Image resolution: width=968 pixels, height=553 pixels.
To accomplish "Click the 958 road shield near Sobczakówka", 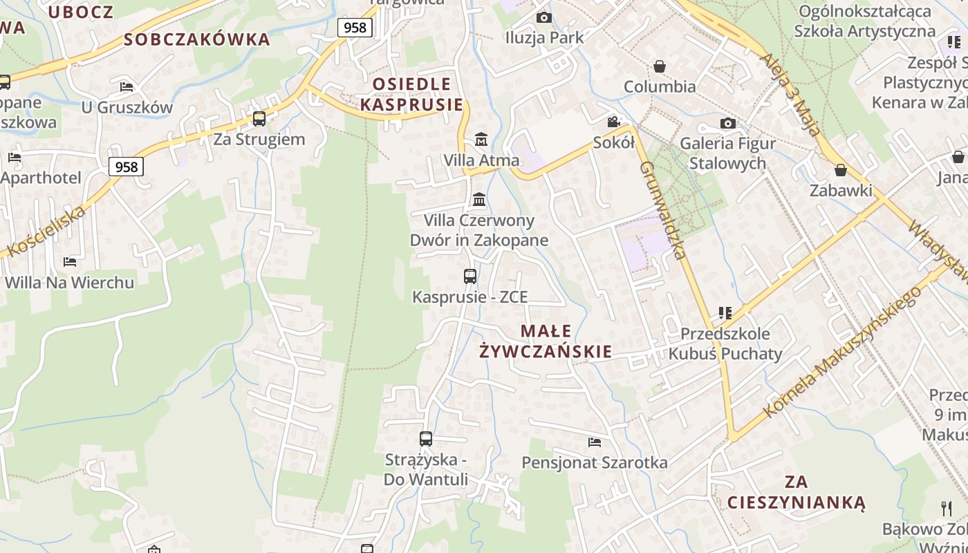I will coord(355,28).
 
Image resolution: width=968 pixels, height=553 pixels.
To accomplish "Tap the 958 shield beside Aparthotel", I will coord(126,167).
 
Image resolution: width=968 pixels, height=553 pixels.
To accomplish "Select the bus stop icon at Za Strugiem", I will coord(259,119).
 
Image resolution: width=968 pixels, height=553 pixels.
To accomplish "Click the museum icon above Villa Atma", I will coord(481,140).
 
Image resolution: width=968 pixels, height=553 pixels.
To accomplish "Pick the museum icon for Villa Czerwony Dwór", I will coord(478,200).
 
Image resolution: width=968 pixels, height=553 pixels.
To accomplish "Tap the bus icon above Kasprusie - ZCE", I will coord(470,276).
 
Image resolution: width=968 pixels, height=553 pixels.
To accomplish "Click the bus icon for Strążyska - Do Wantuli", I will coord(426,438).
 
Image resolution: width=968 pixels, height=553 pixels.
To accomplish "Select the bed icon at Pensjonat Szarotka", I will coord(595,442).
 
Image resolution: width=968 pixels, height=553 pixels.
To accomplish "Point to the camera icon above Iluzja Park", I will coord(544,17).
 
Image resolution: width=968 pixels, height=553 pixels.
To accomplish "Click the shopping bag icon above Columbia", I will coord(660,66).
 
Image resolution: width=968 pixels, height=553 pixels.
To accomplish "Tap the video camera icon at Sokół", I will coord(613,122).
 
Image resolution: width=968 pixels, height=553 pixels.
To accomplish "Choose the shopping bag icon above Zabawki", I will coord(841,170).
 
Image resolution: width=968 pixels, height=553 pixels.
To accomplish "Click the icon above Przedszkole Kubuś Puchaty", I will coord(725,313).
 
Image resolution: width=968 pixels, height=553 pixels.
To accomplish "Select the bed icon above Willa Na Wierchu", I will coord(70,261).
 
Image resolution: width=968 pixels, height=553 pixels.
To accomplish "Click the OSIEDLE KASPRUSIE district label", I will coord(411,95).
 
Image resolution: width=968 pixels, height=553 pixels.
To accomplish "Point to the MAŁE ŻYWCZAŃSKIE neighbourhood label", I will coord(546,341).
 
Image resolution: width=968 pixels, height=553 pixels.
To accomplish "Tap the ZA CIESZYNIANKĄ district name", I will coord(796,491).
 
